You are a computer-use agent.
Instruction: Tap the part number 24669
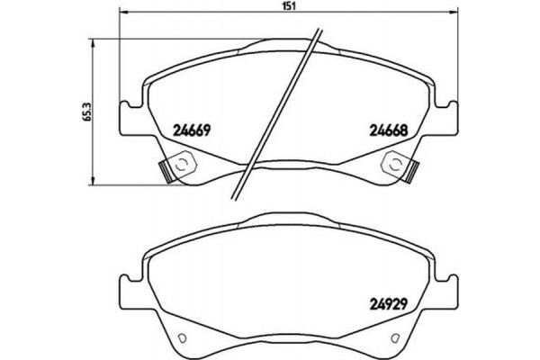point(190,128)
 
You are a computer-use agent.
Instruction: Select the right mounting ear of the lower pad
point(444,291)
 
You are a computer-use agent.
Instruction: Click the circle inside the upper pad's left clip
point(180,164)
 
